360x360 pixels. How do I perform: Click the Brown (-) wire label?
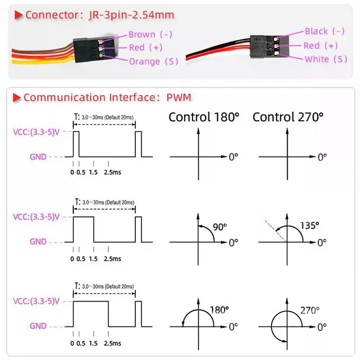150,35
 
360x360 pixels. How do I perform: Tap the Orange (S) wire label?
153,61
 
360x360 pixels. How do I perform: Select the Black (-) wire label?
324,31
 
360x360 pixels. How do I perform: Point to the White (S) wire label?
326,59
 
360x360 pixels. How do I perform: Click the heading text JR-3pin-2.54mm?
131,15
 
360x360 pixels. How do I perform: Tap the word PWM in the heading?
179,98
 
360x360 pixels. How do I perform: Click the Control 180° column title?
204,117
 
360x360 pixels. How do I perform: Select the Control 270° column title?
288,117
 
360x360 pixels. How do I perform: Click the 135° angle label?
310,226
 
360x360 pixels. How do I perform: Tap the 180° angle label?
220,310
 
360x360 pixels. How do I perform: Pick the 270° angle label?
310,310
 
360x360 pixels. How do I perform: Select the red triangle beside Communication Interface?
17,98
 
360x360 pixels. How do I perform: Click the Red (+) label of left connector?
145,48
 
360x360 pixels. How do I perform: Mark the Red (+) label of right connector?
320,46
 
